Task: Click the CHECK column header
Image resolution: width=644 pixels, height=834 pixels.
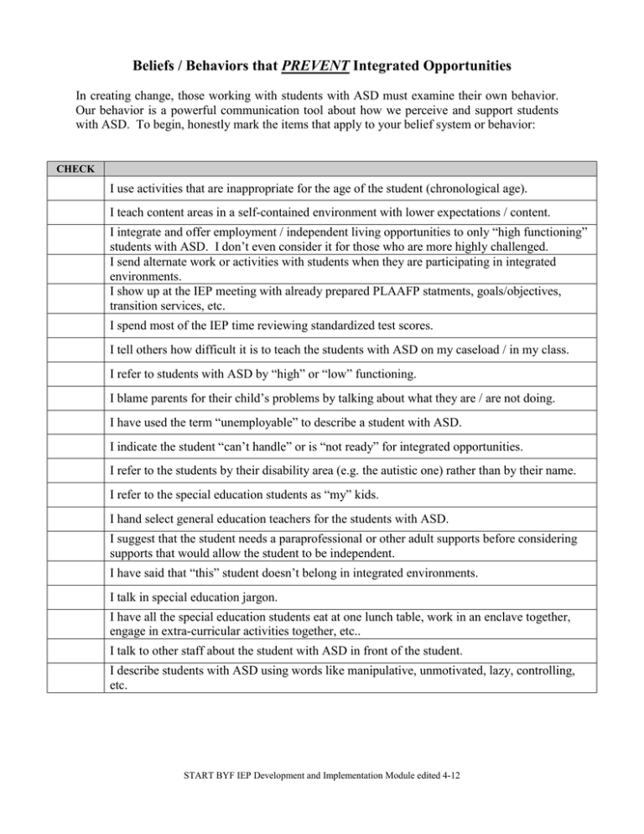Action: [x=75, y=169]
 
